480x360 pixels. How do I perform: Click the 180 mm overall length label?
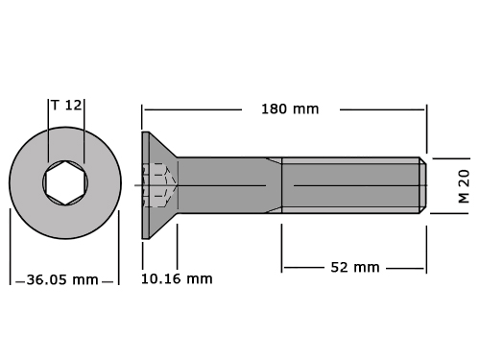[x=290, y=109]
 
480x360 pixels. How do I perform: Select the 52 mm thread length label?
[x=355, y=267]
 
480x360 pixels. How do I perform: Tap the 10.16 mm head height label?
[x=177, y=278]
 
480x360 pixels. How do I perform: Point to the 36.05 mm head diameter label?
[x=62, y=279]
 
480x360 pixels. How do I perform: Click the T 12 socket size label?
[x=66, y=105]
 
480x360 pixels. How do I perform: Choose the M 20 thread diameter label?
[x=464, y=186]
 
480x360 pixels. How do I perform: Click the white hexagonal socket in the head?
[x=65, y=182]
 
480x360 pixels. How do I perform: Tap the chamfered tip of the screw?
[x=423, y=185]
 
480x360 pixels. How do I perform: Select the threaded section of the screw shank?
[x=350, y=185]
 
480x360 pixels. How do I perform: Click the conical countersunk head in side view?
[x=159, y=185]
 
